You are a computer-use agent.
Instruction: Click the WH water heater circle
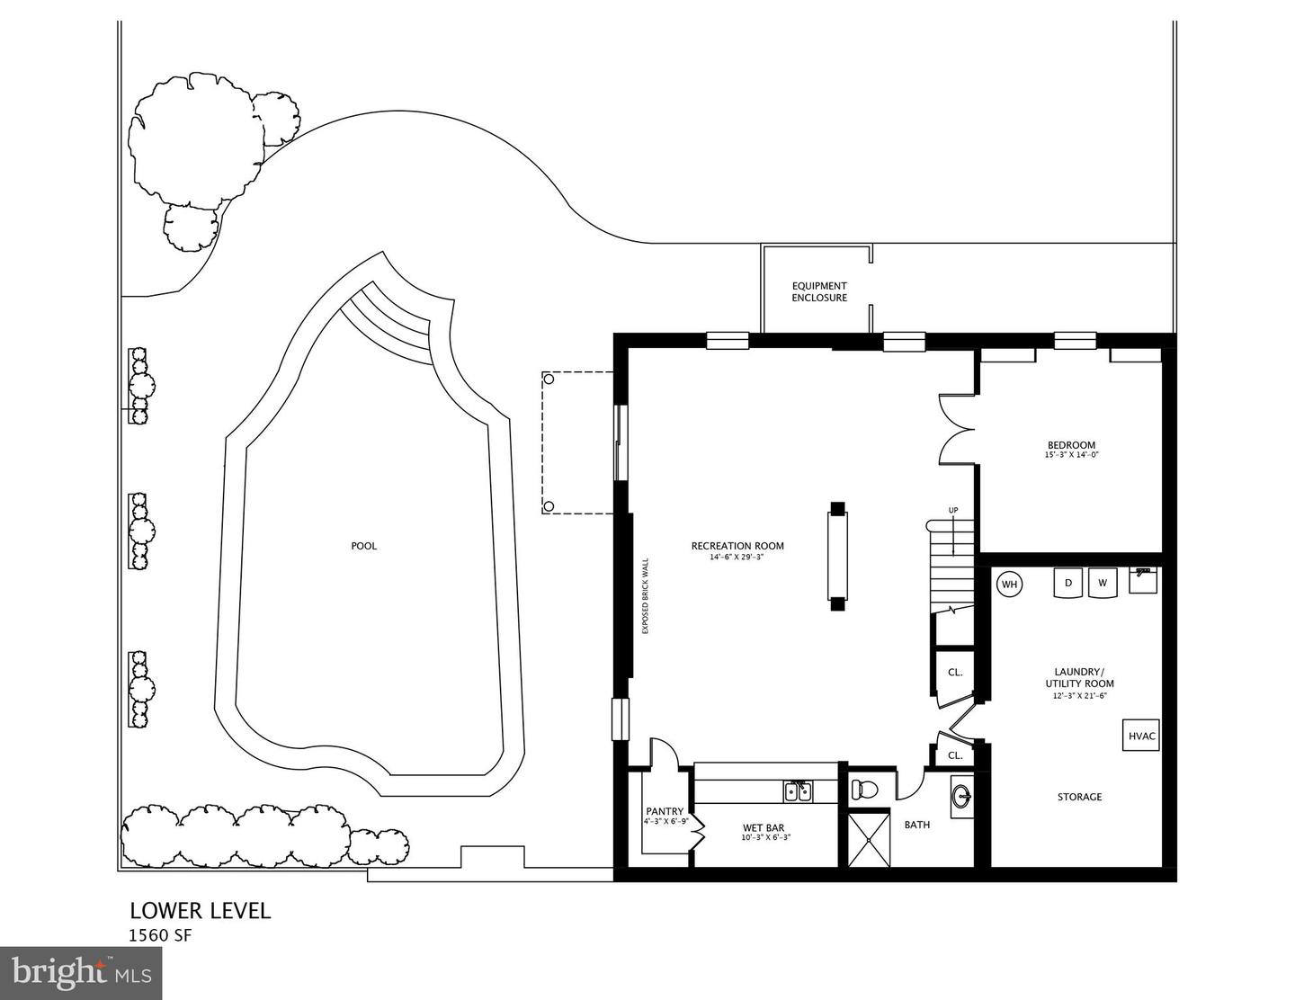1010,585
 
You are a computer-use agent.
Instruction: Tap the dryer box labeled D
1068,582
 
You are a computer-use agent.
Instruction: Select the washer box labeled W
1102,582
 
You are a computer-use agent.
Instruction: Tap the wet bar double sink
798,791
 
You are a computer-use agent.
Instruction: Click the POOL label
363,546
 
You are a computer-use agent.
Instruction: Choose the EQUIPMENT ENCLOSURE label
818,291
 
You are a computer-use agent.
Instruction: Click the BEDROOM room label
1071,445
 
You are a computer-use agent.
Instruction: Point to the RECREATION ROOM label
737,546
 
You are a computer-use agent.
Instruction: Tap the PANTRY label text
665,811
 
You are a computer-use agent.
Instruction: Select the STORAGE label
1079,797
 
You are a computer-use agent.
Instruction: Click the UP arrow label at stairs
953,511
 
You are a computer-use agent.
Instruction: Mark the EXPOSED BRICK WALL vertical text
645,597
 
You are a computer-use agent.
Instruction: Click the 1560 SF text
160,935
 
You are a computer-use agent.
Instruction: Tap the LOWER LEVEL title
200,910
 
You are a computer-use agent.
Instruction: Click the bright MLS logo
81,972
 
